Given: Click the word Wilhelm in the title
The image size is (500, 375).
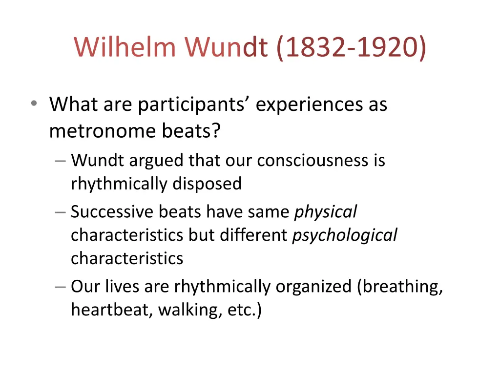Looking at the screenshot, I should coord(125,47).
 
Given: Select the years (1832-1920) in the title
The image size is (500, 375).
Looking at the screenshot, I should coord(351,47).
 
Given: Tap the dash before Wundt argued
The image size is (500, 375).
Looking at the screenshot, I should coord(61,160).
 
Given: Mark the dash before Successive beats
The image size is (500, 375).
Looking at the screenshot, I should coord(61,212).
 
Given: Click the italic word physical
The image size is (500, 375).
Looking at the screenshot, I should coord(325,212).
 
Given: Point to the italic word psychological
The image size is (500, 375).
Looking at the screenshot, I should coord(345,235).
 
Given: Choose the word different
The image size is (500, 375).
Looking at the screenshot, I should coord(253,235).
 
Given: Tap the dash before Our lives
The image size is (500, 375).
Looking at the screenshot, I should coord(61,287).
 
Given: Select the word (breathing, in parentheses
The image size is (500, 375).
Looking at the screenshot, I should coord(400,287).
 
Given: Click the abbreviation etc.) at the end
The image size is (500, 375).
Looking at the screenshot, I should coord(244,310).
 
